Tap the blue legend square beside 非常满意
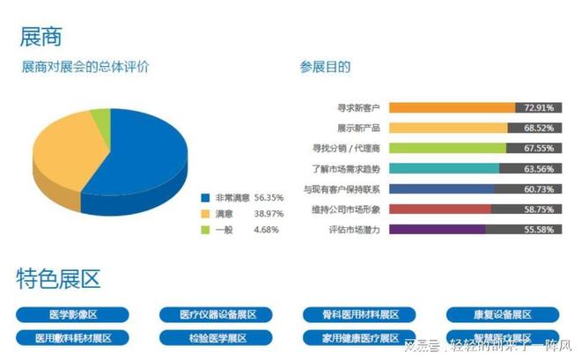(205, 198)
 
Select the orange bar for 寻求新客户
(452, 107)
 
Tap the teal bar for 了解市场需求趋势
(444, 168)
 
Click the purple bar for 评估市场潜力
(437, 229)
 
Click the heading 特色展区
(59, 280)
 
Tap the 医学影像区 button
(73, 314)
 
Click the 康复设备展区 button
(503, 314)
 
